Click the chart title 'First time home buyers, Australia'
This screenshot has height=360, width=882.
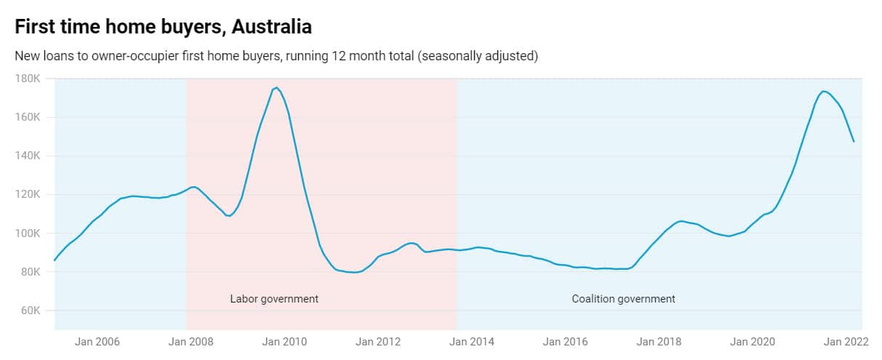163,27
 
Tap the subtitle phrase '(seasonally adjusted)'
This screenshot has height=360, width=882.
477,56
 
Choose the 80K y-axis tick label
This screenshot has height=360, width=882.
31,272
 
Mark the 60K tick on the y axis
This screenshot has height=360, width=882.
31,311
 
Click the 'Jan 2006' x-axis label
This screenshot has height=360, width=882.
97,341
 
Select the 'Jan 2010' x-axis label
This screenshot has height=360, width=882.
283,341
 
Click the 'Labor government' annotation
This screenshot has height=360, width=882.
274,299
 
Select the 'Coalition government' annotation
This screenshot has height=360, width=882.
623,299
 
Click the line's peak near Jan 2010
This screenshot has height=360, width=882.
276,87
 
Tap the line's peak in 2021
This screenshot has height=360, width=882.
823,91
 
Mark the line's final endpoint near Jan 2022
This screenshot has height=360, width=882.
854,141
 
